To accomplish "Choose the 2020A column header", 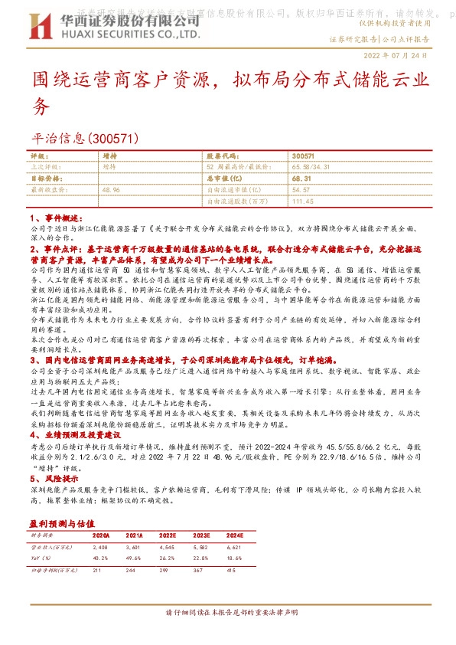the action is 101,536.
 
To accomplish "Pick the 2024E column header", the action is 235,536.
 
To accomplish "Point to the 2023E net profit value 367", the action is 200,570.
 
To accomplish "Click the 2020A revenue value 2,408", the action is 101,548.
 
